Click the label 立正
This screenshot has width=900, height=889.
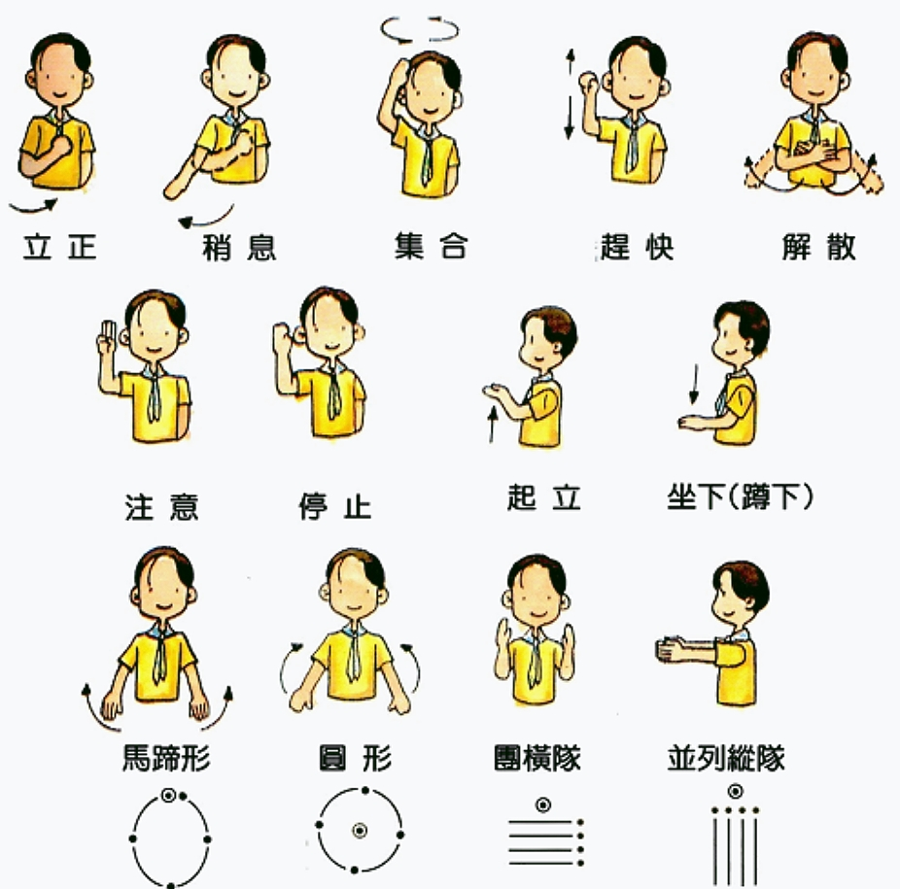tap(59, 247)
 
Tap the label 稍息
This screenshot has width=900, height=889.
tap(239, 248)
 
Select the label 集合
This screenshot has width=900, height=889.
tap(432, 246)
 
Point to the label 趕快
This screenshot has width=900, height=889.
tap(637, 247)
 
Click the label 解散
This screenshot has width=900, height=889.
tap(819, 247)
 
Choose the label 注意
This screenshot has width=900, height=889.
tap(162, 507)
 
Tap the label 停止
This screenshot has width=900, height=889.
tap(335, 505)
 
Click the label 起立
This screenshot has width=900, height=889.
tap(544, 497)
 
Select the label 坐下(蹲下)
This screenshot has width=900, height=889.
tap(740, 497)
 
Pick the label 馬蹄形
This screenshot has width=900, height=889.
tap(166, 758)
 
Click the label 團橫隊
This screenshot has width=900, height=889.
tap(537, 758)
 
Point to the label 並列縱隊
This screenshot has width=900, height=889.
tap(726, 758)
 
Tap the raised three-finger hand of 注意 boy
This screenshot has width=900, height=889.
tap(108, 339)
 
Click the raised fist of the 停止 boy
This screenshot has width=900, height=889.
tap(283, 337)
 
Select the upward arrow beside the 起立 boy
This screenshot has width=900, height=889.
tap(492, 425)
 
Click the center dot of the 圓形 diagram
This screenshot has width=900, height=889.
tap(360, 831)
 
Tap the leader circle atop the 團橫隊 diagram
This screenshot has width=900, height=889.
tap(543, 805)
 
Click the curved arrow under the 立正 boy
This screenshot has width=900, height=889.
tap(33, 207)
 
